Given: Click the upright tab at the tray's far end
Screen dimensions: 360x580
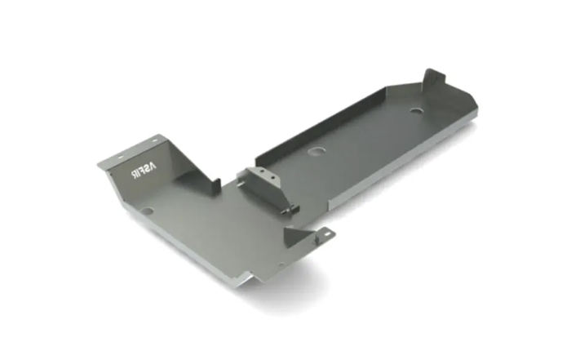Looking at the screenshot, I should click(432, 80).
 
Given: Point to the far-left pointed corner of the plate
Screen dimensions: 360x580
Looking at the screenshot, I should click(99, 164).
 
